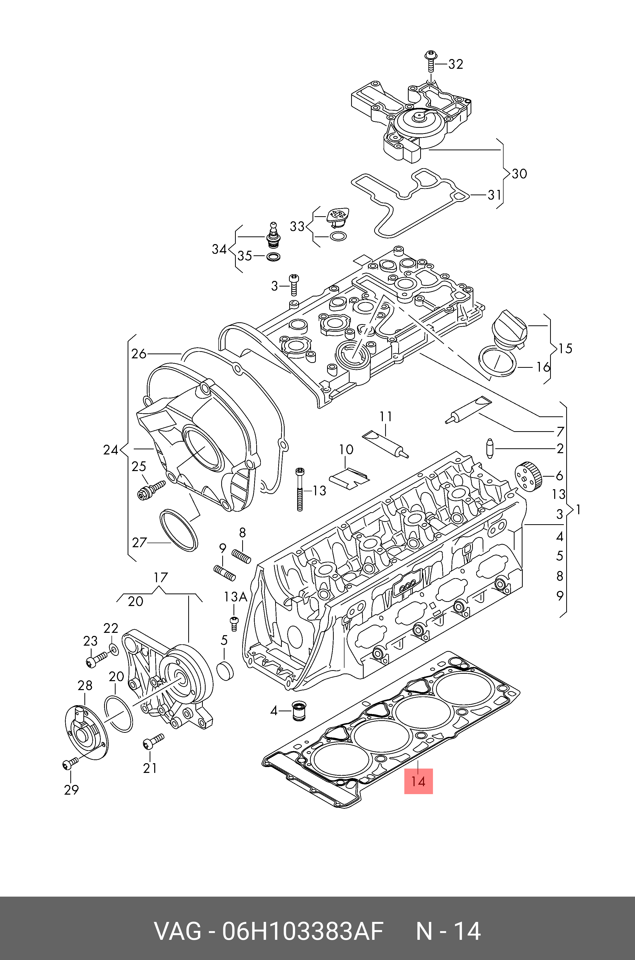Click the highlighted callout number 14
tap(418, 781)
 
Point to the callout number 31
tap(495, 195)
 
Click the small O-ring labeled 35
tap(274, 257)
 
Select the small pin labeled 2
tap(490, 448)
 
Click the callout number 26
tap(139, 354)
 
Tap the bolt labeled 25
tap(151, 489)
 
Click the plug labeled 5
tap(225, 671)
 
